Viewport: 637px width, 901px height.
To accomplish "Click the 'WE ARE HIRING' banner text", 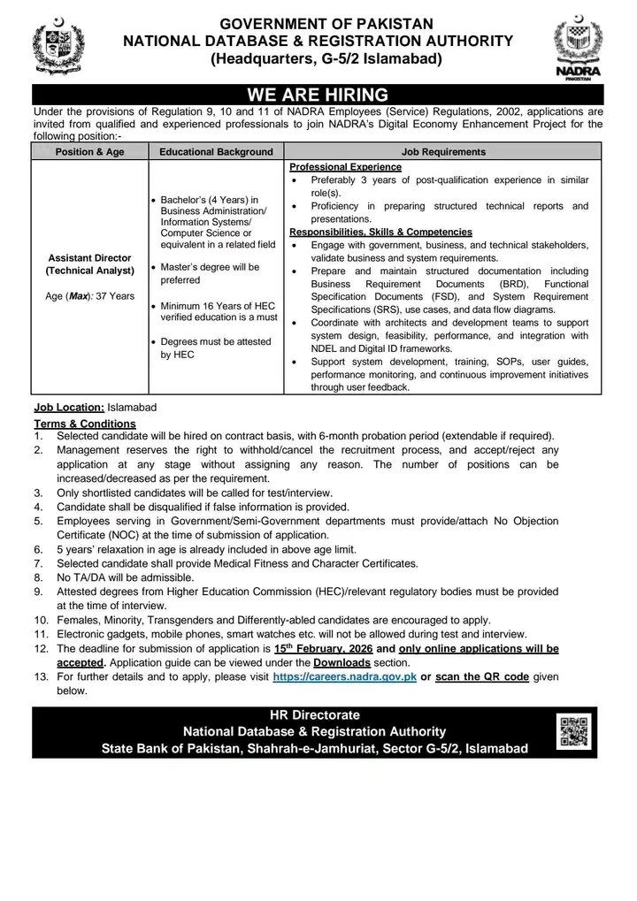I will [318, 95].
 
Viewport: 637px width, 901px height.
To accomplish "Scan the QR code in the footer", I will [576, 731].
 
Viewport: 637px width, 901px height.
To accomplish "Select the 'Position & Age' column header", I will [90, 152].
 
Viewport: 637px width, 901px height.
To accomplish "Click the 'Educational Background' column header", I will [216, 152].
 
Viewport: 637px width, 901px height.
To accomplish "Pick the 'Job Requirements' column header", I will [443, 152].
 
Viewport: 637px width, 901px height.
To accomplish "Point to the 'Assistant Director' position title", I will [90, 258].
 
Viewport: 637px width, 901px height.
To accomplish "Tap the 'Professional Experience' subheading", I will [345, 166].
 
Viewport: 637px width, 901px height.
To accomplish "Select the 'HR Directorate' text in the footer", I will [314, 714].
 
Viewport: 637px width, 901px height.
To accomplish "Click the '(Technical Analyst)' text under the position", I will [90, 271].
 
